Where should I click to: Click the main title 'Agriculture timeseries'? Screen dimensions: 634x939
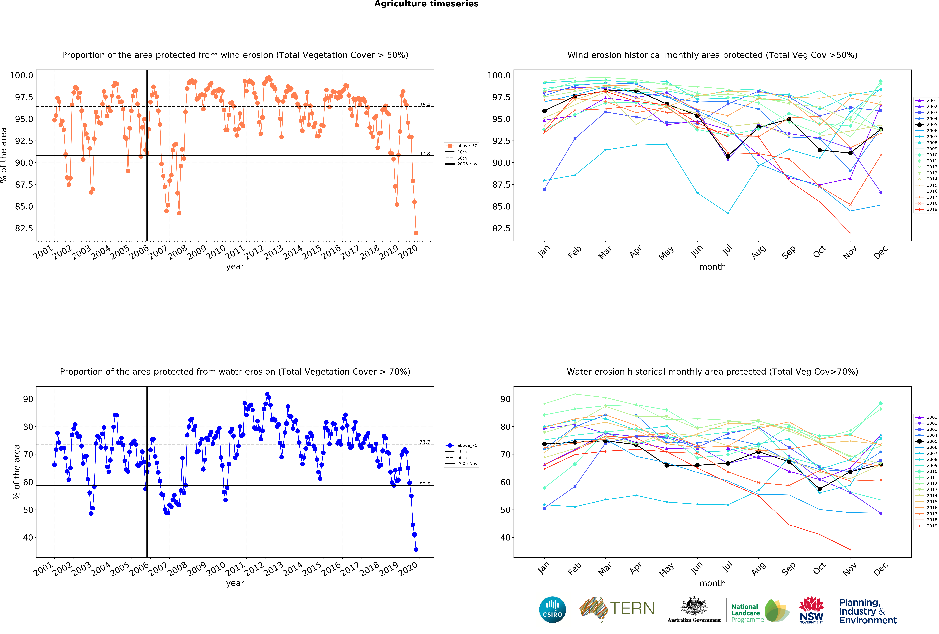(426, 4)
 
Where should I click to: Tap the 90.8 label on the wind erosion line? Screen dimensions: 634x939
(424, 154)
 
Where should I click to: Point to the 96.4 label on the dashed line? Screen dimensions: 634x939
(424, 105)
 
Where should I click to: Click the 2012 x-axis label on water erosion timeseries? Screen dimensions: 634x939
(254, 569)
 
